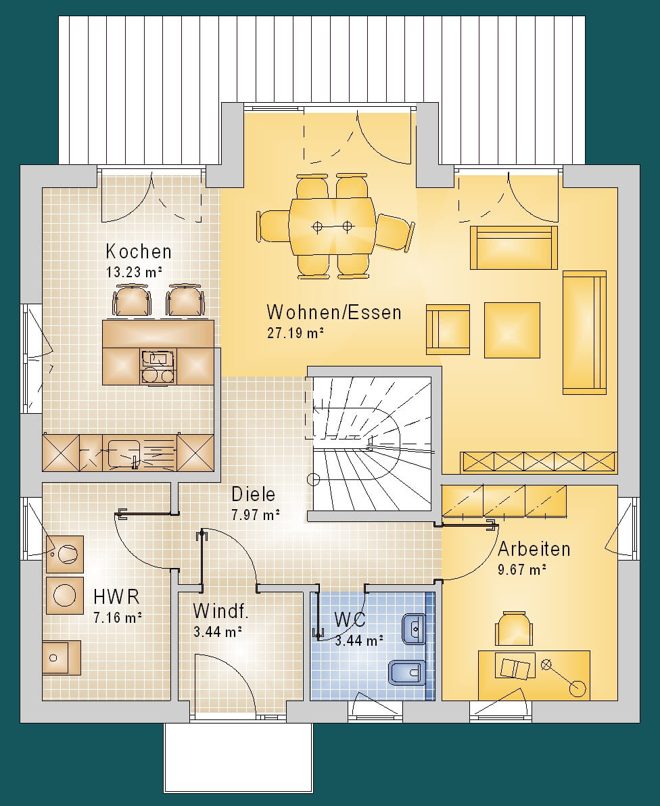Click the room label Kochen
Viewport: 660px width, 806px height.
pyautogui.click(x=139, y=252)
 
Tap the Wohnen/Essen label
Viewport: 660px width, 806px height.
pyautogui.click(x=334, y=312)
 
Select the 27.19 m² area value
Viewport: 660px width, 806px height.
pyautogui.click(x=295, y=333)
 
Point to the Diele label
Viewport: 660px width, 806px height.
pyautogui.click(x=254, y=494)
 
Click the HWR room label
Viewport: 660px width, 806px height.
pyautogui.click(x=117, y=597)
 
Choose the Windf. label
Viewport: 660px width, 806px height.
pyautogui.click(x=221, y=611)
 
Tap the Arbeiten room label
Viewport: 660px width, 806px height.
pyautogui.click(x=534, y=549)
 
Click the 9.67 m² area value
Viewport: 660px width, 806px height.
pyautogui.click(x=522, y=569)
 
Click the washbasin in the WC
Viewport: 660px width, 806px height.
pyautogui.click(x=413, y=628)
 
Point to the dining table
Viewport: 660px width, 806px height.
pyautogui.click(x=332, y=226)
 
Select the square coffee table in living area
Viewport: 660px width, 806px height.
pyautogui.click(x=512, y=330)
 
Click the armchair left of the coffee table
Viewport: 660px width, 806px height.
pyautogui.click(x=448, y=329)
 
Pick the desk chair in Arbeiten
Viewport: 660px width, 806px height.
pyautogui.click(x=513, y=627)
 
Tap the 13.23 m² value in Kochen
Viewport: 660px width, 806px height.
pyautogui.click(x=135, y=272)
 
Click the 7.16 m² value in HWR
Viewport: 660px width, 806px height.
pyautogui.click(x=118, y=617)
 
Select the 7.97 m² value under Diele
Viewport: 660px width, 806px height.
pyautogui.click(x=256, y=515)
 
